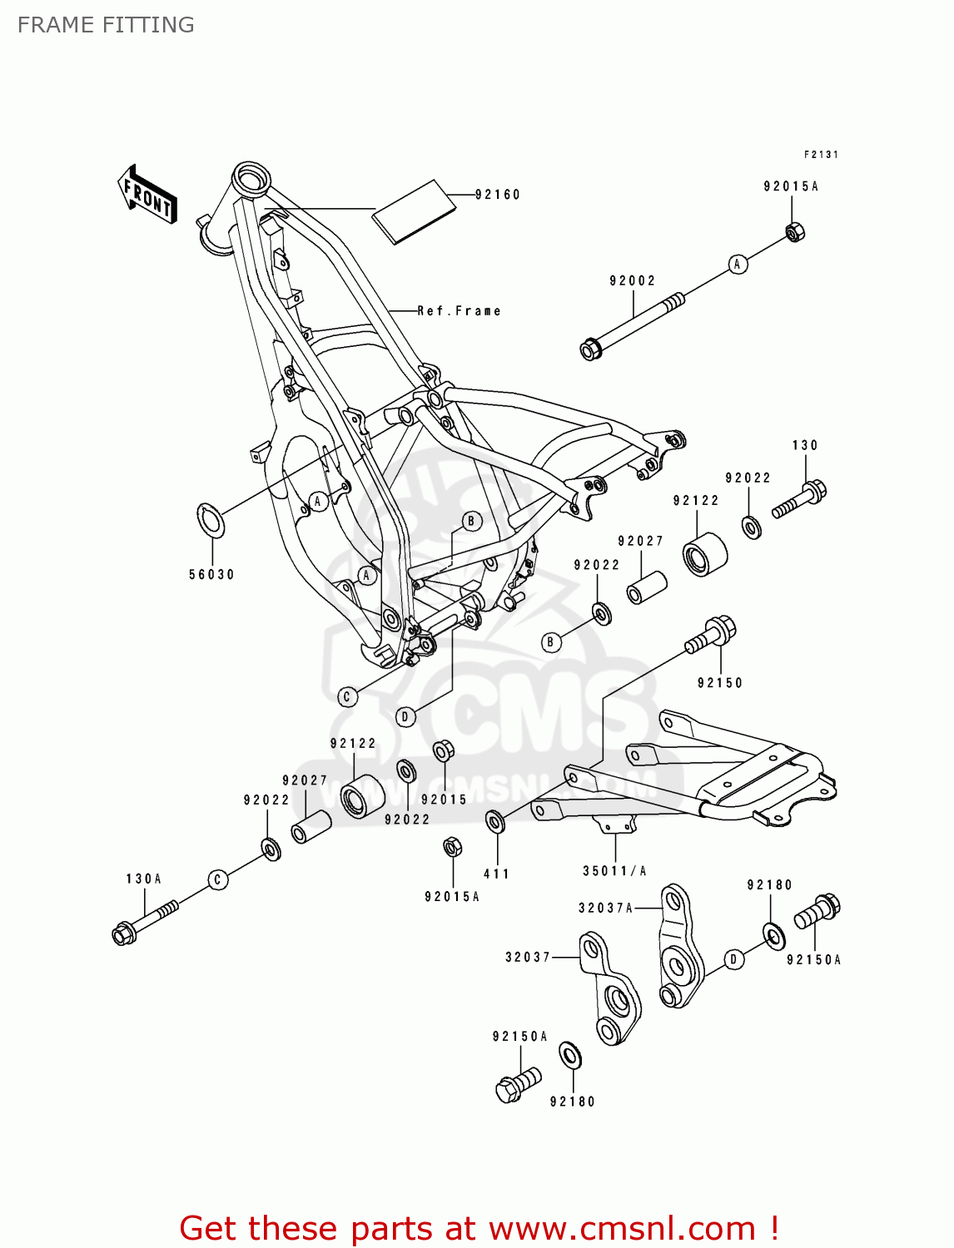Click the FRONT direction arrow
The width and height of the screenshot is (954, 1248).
tap(148, 195)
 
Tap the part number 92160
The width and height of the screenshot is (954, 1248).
tap(497, 195)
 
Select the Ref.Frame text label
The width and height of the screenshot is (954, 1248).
tap(459, 311)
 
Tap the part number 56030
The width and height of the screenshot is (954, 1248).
tap(211, 575)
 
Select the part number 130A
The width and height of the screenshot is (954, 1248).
tap(143, 879)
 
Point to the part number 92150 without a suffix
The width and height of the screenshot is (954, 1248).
tap(719, 683)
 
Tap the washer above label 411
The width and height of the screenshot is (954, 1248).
tap(495, 822)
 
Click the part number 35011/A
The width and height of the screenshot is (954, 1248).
tap(614, 871)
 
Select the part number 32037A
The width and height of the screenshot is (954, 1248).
tap(605, 908)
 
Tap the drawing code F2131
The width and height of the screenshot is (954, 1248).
tap(821, 155)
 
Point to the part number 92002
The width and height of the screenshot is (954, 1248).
tap(633, 281)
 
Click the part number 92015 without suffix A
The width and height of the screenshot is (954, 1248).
tap(444, 800)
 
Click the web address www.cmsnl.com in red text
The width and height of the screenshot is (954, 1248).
tap(621, 1228)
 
